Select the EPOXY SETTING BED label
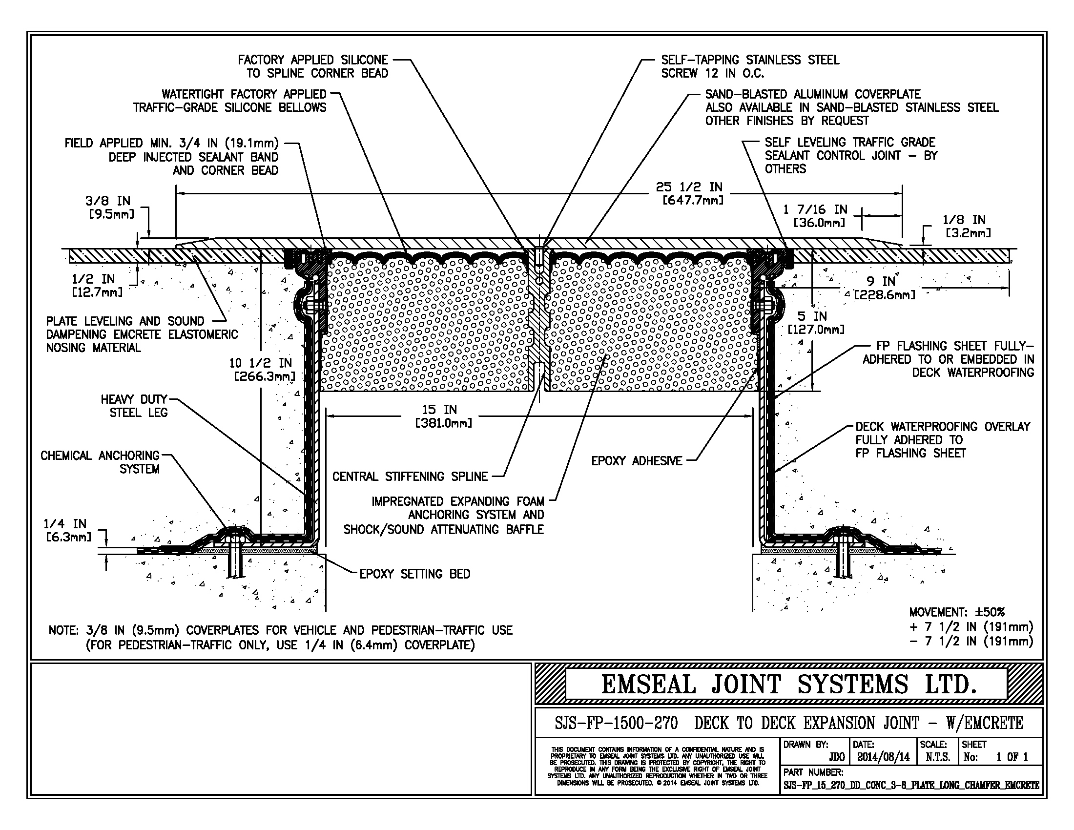point(414,574)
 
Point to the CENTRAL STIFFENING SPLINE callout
point(410,477)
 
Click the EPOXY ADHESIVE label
point(637,461)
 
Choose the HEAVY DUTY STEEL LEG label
point(135,406)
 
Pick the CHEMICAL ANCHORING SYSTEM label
point(101,462)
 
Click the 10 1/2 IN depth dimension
point(262,370)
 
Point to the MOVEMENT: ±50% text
point(956,612)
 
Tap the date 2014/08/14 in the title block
point(883,757)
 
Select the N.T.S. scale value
point(937,757)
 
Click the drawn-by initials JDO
point(836,757)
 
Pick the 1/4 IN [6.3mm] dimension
point(68,530)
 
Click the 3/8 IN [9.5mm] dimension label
point(109,207)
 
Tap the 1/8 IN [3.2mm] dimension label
point(965,226)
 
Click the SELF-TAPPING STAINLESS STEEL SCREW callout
point(749,66)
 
